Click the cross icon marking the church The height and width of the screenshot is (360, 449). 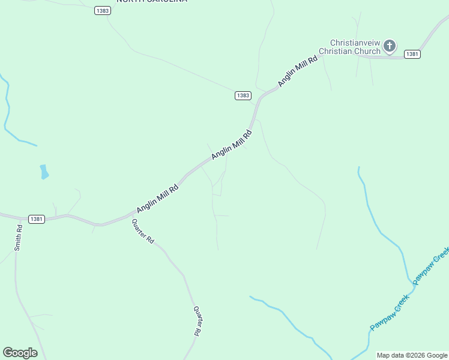(x=390, y=46)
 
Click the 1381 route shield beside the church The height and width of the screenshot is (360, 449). (x=412, y=54)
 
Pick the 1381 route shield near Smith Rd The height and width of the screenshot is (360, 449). (x=36, y=219)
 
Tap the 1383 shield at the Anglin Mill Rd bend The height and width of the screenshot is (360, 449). (x=243, y=95)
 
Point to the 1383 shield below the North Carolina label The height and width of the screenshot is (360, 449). (x=102, y=11)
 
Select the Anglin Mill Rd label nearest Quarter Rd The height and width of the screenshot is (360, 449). (x=157, y=198)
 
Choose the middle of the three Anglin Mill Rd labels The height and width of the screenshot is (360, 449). (x=232, y=145)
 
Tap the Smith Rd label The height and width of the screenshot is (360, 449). (x=19, y=237)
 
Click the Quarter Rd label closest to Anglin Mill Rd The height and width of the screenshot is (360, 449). (x=143, y=231)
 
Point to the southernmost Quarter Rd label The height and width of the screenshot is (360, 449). (x=197, y=320)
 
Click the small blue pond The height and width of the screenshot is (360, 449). (x=44, y=172)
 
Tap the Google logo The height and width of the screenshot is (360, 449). (x=20, y=353)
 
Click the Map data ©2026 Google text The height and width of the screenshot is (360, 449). (x=411, y=355)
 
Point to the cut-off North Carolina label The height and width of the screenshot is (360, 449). (x=151, y=2)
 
